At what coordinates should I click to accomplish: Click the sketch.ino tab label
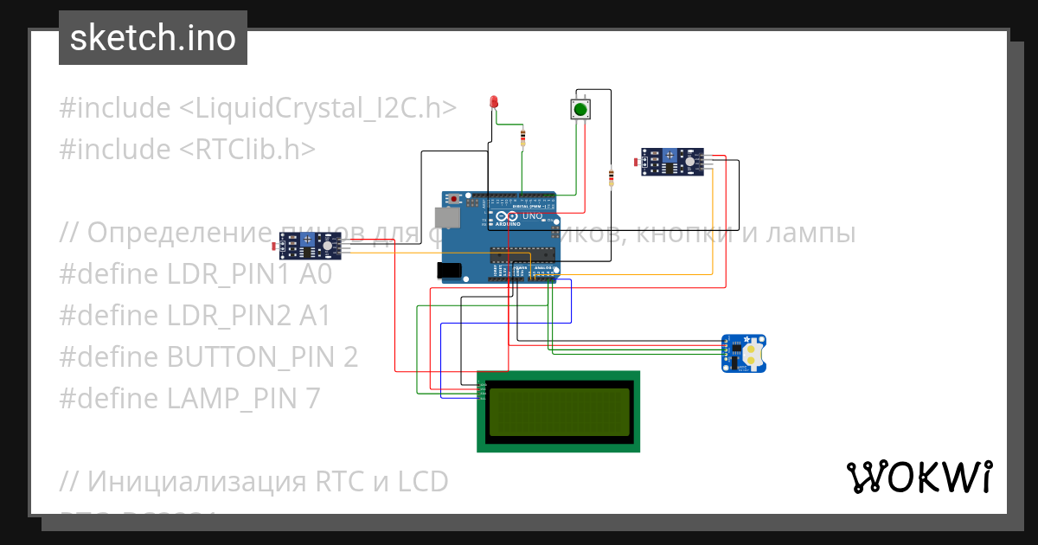[x=152, y=38]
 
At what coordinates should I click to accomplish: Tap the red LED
[x=494, y=102]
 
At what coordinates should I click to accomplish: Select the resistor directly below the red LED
[x=522, y=138]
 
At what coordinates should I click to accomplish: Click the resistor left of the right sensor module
[x=612, y=177]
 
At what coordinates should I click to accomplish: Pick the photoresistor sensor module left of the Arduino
[x=311, y=247]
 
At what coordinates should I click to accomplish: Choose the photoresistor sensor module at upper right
[x=674, y=161]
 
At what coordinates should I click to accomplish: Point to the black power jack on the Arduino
[x=450, y=271]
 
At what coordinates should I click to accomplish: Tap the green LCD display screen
[x=558, y=412]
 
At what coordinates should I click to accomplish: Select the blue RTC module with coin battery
[x=744, y=353]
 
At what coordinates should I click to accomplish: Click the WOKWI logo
[x=919, y=478]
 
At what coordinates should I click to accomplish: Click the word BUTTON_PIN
[x=250, y=357]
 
